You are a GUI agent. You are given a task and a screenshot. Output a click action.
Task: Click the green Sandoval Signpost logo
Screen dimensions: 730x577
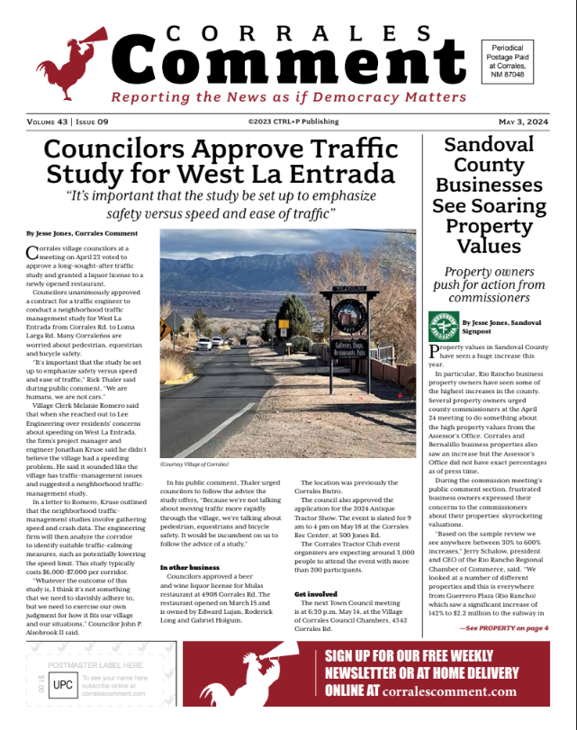click(x=443, y=326)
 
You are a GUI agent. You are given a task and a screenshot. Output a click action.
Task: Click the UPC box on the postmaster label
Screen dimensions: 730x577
click(x=61, y=684)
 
